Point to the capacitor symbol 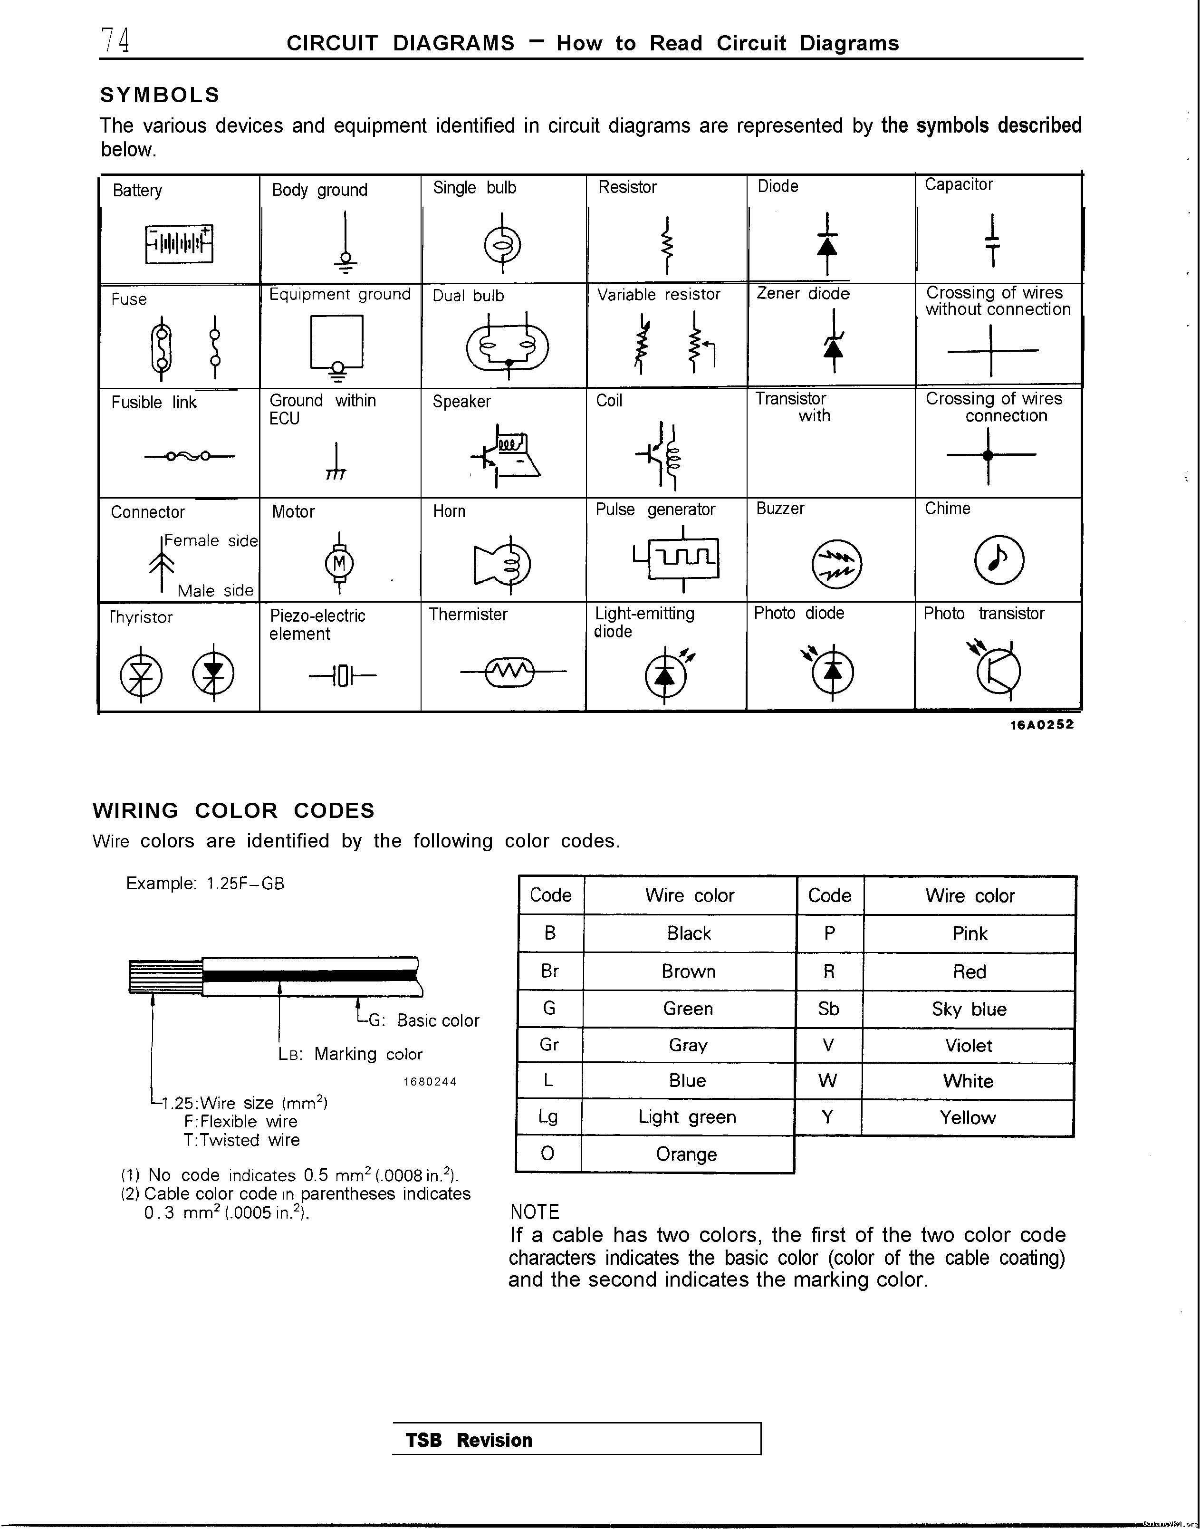pyautogui.click(x=992, y=240)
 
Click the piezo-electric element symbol pyautogui.click(x=342, y=676)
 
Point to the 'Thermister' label pyautogui.click(x=468, y=614)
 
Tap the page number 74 pyautogui.click(x=115, y=41)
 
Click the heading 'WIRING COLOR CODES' pyautogui.click(x=234, y=810)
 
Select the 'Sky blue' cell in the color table pyautogui.click(x=969, y=1009)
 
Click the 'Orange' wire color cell pyautogui.click(x=686, y=1154)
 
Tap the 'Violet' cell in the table pyautogui.click(x=968, y=1046)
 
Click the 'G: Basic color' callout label pyautogui.click(x=423, y=1020)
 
